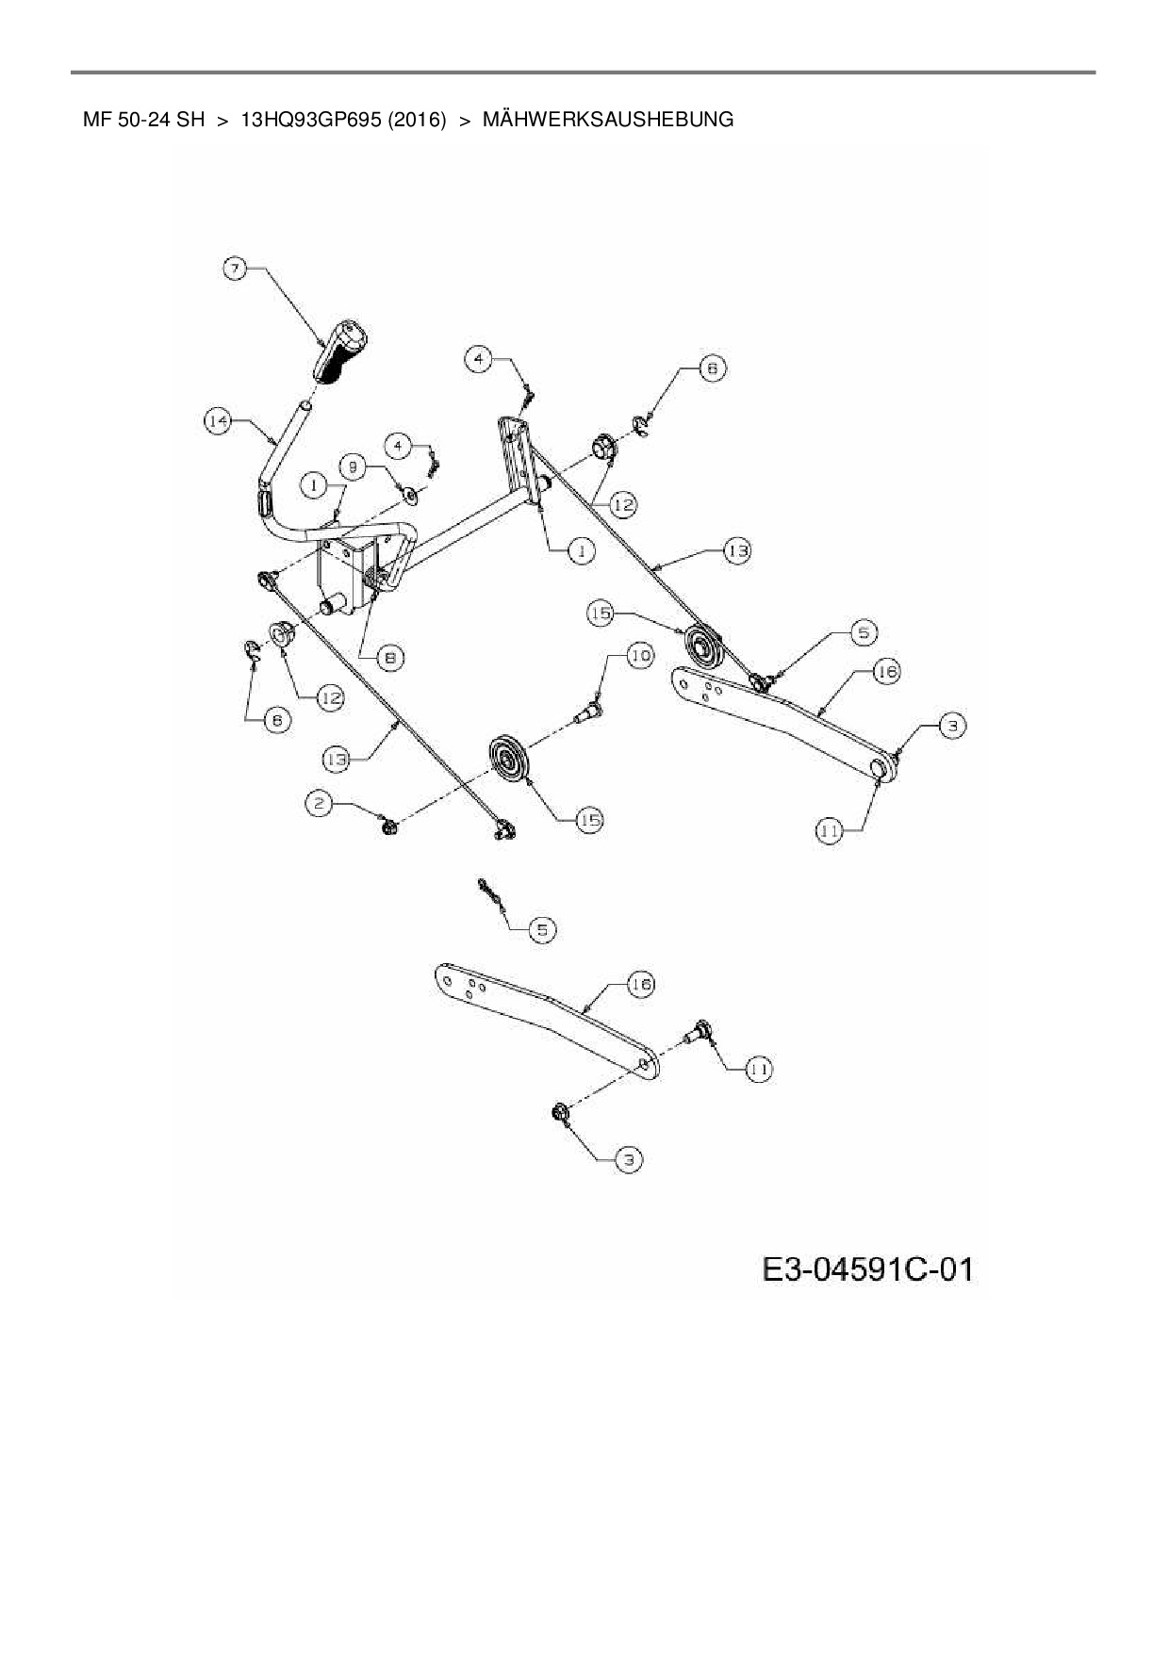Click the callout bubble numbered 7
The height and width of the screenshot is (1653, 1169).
[235, 269]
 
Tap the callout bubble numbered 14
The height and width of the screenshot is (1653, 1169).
[218, 421]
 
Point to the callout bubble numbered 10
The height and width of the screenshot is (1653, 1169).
[639, 656]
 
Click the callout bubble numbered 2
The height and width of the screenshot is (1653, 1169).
[320, 803]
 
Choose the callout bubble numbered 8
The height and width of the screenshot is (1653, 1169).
[390, 658]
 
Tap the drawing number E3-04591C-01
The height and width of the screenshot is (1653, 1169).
[866, 1269]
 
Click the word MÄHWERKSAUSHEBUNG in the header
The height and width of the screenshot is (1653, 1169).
[607, 120]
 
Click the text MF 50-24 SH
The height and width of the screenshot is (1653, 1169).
[143, 120]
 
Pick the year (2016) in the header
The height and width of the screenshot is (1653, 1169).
[416, 120]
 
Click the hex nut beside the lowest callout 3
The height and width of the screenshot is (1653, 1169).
[558, 1113]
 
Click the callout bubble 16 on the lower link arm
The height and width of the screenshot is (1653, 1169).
[639, 985]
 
